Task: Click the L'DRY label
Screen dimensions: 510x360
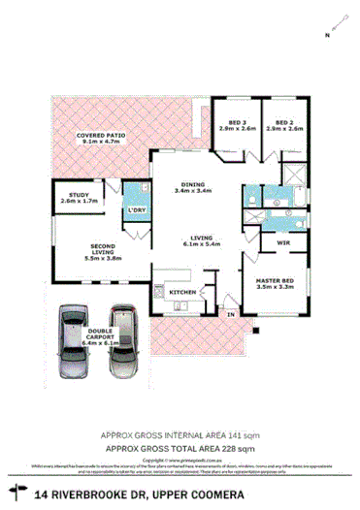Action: pyautogui.click(x=136, y=210)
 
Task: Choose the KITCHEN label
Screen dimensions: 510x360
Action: pyautogui.click(x=183, y=292)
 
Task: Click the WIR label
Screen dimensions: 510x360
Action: pyautogui.click(x=283, y=241)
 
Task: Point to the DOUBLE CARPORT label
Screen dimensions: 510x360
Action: pyautogui.click(x=100, y=335)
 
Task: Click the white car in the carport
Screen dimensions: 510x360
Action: pyautogui.click(x=122, y=343)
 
